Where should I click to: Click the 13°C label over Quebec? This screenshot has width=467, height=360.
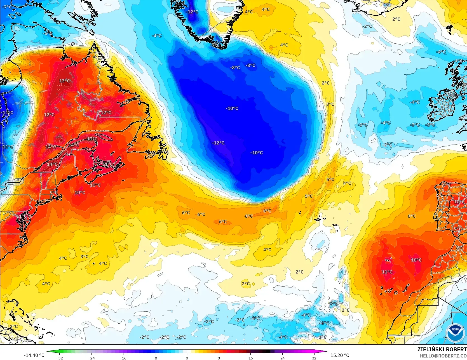[64, 81]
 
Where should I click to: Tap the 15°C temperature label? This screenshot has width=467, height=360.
[92, 139]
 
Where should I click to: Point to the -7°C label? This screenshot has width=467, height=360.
[7, 7]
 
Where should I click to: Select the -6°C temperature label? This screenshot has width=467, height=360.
[48, 33]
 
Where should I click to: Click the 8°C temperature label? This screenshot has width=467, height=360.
[460, 248]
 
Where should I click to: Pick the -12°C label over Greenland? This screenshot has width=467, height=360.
[192, 12]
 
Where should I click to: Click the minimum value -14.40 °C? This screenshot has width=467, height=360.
[34, 355]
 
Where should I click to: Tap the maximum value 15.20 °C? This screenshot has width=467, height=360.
[340, 355]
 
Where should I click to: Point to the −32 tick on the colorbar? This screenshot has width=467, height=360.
[59, 358]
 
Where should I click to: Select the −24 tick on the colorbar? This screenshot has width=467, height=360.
[91, 358]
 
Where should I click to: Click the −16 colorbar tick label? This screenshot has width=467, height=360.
[123, 358]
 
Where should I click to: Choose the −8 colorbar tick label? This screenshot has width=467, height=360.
[155, 358]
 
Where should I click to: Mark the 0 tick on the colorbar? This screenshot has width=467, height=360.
[187, 358]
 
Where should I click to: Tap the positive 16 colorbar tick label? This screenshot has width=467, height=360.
[250, 358]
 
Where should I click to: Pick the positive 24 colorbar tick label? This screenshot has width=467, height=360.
[282, 358]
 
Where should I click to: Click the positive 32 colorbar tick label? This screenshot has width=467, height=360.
[314, 358]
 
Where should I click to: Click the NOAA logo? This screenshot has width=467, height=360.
[455, 333]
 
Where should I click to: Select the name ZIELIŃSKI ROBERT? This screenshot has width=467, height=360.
[442, 349]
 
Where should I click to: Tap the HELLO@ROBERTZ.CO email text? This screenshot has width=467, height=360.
[443, 356]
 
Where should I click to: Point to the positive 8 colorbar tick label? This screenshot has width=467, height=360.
[219, 358]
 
